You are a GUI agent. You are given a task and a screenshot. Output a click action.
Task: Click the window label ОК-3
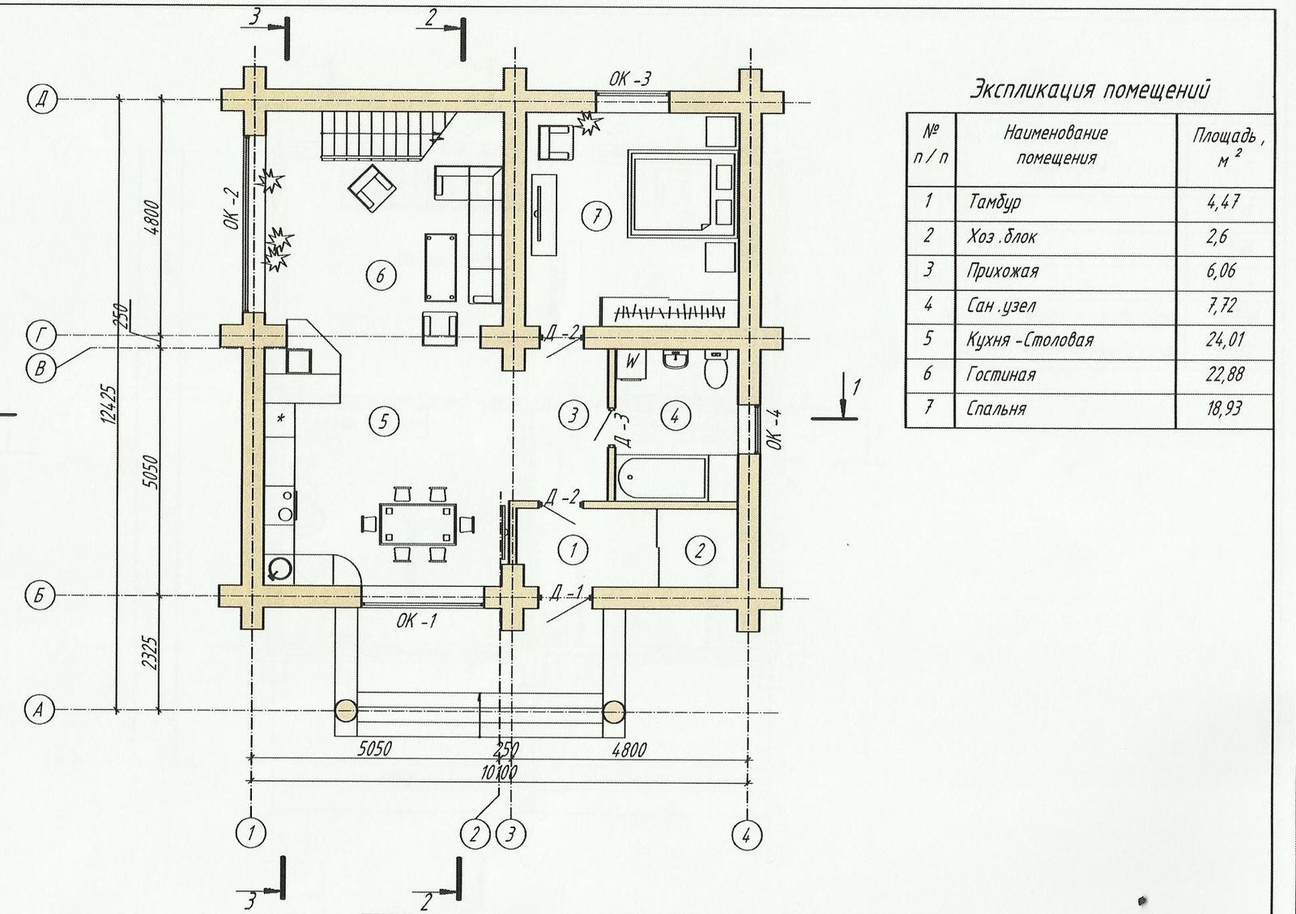(630, 79)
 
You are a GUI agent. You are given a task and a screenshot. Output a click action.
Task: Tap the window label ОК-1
(416, 621)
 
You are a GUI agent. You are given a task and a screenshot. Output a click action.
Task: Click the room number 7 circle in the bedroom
(597, 216)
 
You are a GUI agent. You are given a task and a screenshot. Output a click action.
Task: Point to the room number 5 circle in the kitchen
(384, 421)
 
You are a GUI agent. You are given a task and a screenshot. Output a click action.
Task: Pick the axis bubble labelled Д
(41, 100)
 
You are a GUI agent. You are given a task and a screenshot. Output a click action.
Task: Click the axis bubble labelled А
(40, 710)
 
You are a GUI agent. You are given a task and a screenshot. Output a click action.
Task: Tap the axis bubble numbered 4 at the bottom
(746, 835)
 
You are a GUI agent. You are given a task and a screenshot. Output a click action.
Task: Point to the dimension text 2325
(151, 653)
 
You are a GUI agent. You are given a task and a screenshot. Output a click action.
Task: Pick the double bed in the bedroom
(683, 194)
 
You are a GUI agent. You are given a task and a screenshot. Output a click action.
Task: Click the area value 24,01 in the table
(1225, 340)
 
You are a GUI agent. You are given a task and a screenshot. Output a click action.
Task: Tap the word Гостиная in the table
(1000, 374)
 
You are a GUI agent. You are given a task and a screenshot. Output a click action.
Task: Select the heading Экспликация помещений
(1089, 91)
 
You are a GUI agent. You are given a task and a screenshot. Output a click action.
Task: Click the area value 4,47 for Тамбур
(1223, 202)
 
